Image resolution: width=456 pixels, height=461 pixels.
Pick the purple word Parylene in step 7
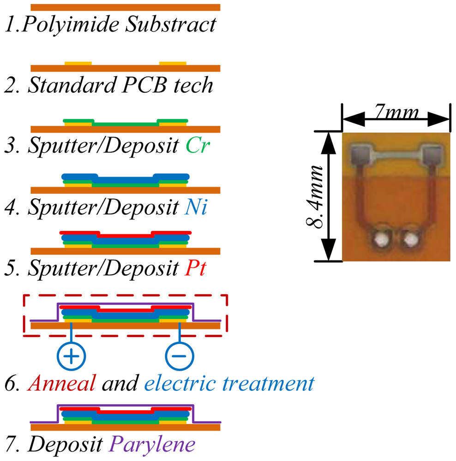[x=152, y=444]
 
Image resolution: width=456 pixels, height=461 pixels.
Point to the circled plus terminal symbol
[x=71, y=356]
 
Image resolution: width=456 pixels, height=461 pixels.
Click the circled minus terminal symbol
[x=180, y=356]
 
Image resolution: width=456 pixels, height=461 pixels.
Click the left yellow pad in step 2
[x=78, y=63]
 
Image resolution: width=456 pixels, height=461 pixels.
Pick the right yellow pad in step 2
[x=173, y=63]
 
